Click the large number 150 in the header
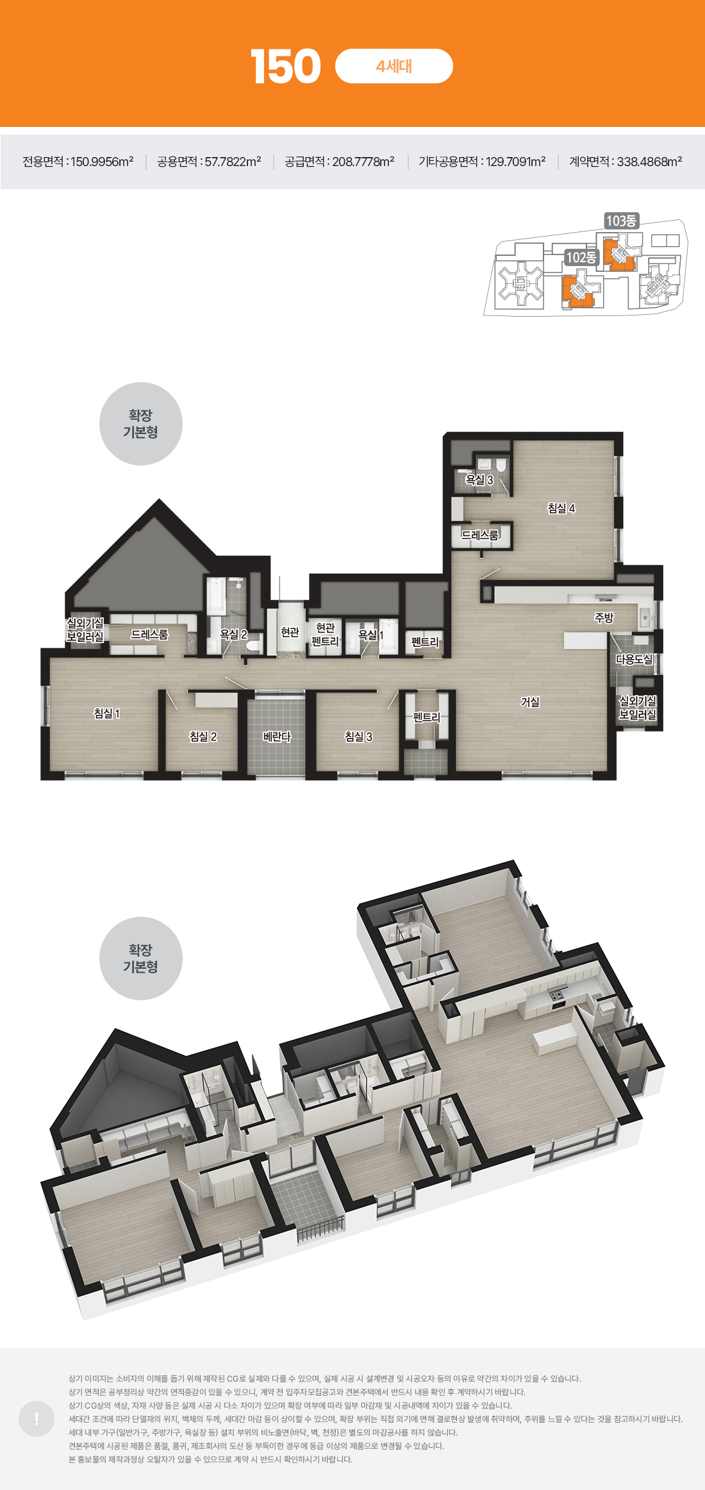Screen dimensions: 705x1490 (286, 67)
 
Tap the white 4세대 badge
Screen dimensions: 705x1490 (394, 66)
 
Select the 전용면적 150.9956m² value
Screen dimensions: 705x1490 (78, 162)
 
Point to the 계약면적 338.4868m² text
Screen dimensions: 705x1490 (626, 162)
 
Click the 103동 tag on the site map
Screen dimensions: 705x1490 (621, 221)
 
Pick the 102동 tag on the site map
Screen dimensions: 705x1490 (581, 257)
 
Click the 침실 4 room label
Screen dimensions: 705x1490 (561, 508)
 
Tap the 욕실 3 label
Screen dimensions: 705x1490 (479, 480)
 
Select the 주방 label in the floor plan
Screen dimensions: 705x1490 (604, 617)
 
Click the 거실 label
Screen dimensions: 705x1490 (530, 702)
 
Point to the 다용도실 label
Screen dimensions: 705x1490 (634, 659)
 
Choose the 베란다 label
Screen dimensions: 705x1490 (277, 737)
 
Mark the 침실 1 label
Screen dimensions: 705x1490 (107, 714)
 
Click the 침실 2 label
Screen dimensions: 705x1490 (203, 737)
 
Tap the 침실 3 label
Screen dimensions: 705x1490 (358, 737)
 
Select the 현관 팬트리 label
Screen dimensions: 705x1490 (325, 635)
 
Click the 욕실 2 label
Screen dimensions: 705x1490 (233, 634)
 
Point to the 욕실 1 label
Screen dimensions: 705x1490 (370, 635)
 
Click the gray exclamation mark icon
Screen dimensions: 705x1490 (37, 1419)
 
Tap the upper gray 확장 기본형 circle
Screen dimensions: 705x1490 (141, 424)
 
